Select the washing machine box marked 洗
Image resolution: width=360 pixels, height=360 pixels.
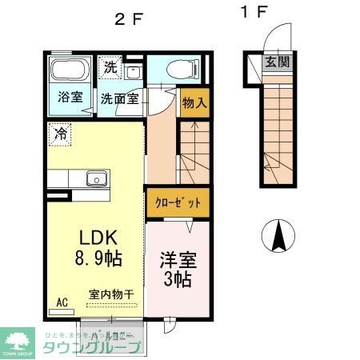[110, 67]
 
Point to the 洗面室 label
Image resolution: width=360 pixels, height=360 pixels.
[120, 102]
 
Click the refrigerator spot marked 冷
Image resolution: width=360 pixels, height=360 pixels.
[59, 134]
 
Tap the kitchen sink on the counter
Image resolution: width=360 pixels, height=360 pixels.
[97, 178]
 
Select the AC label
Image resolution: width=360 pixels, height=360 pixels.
[62, 303]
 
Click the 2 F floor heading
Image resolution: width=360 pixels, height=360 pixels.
[129, 19]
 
